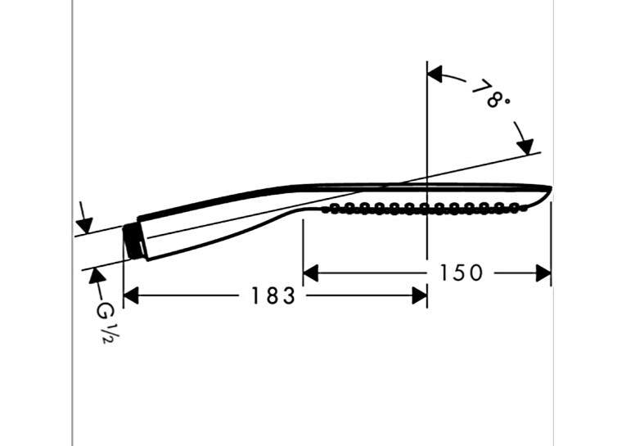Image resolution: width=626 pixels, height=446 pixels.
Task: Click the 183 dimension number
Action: [x=273, y=296]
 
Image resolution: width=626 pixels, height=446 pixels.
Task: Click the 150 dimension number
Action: [x=462, y=273]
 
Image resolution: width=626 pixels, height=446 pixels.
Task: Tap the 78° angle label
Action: [x=491, y=94]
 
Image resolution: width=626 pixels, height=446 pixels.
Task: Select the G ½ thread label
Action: [x=104, y=323]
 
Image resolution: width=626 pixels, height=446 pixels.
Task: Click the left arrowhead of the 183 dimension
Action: [x=131, y=296]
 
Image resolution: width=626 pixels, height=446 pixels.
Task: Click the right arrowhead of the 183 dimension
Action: [x=420, y=296]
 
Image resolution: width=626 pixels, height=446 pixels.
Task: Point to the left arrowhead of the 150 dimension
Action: [x=311, y=273]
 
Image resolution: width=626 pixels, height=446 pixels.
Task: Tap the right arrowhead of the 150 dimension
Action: [x=543, y=273]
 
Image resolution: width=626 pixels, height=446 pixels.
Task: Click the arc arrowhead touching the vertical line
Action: [x=435, y=74]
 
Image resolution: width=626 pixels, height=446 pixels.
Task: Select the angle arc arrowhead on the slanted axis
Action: [x=525, y=146]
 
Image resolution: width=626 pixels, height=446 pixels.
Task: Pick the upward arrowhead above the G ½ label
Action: [x=97, y=277]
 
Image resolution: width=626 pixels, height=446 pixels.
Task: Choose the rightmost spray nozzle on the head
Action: [x=514, y=207]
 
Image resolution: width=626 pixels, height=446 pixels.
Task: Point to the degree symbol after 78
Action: [x=507, y=101]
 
